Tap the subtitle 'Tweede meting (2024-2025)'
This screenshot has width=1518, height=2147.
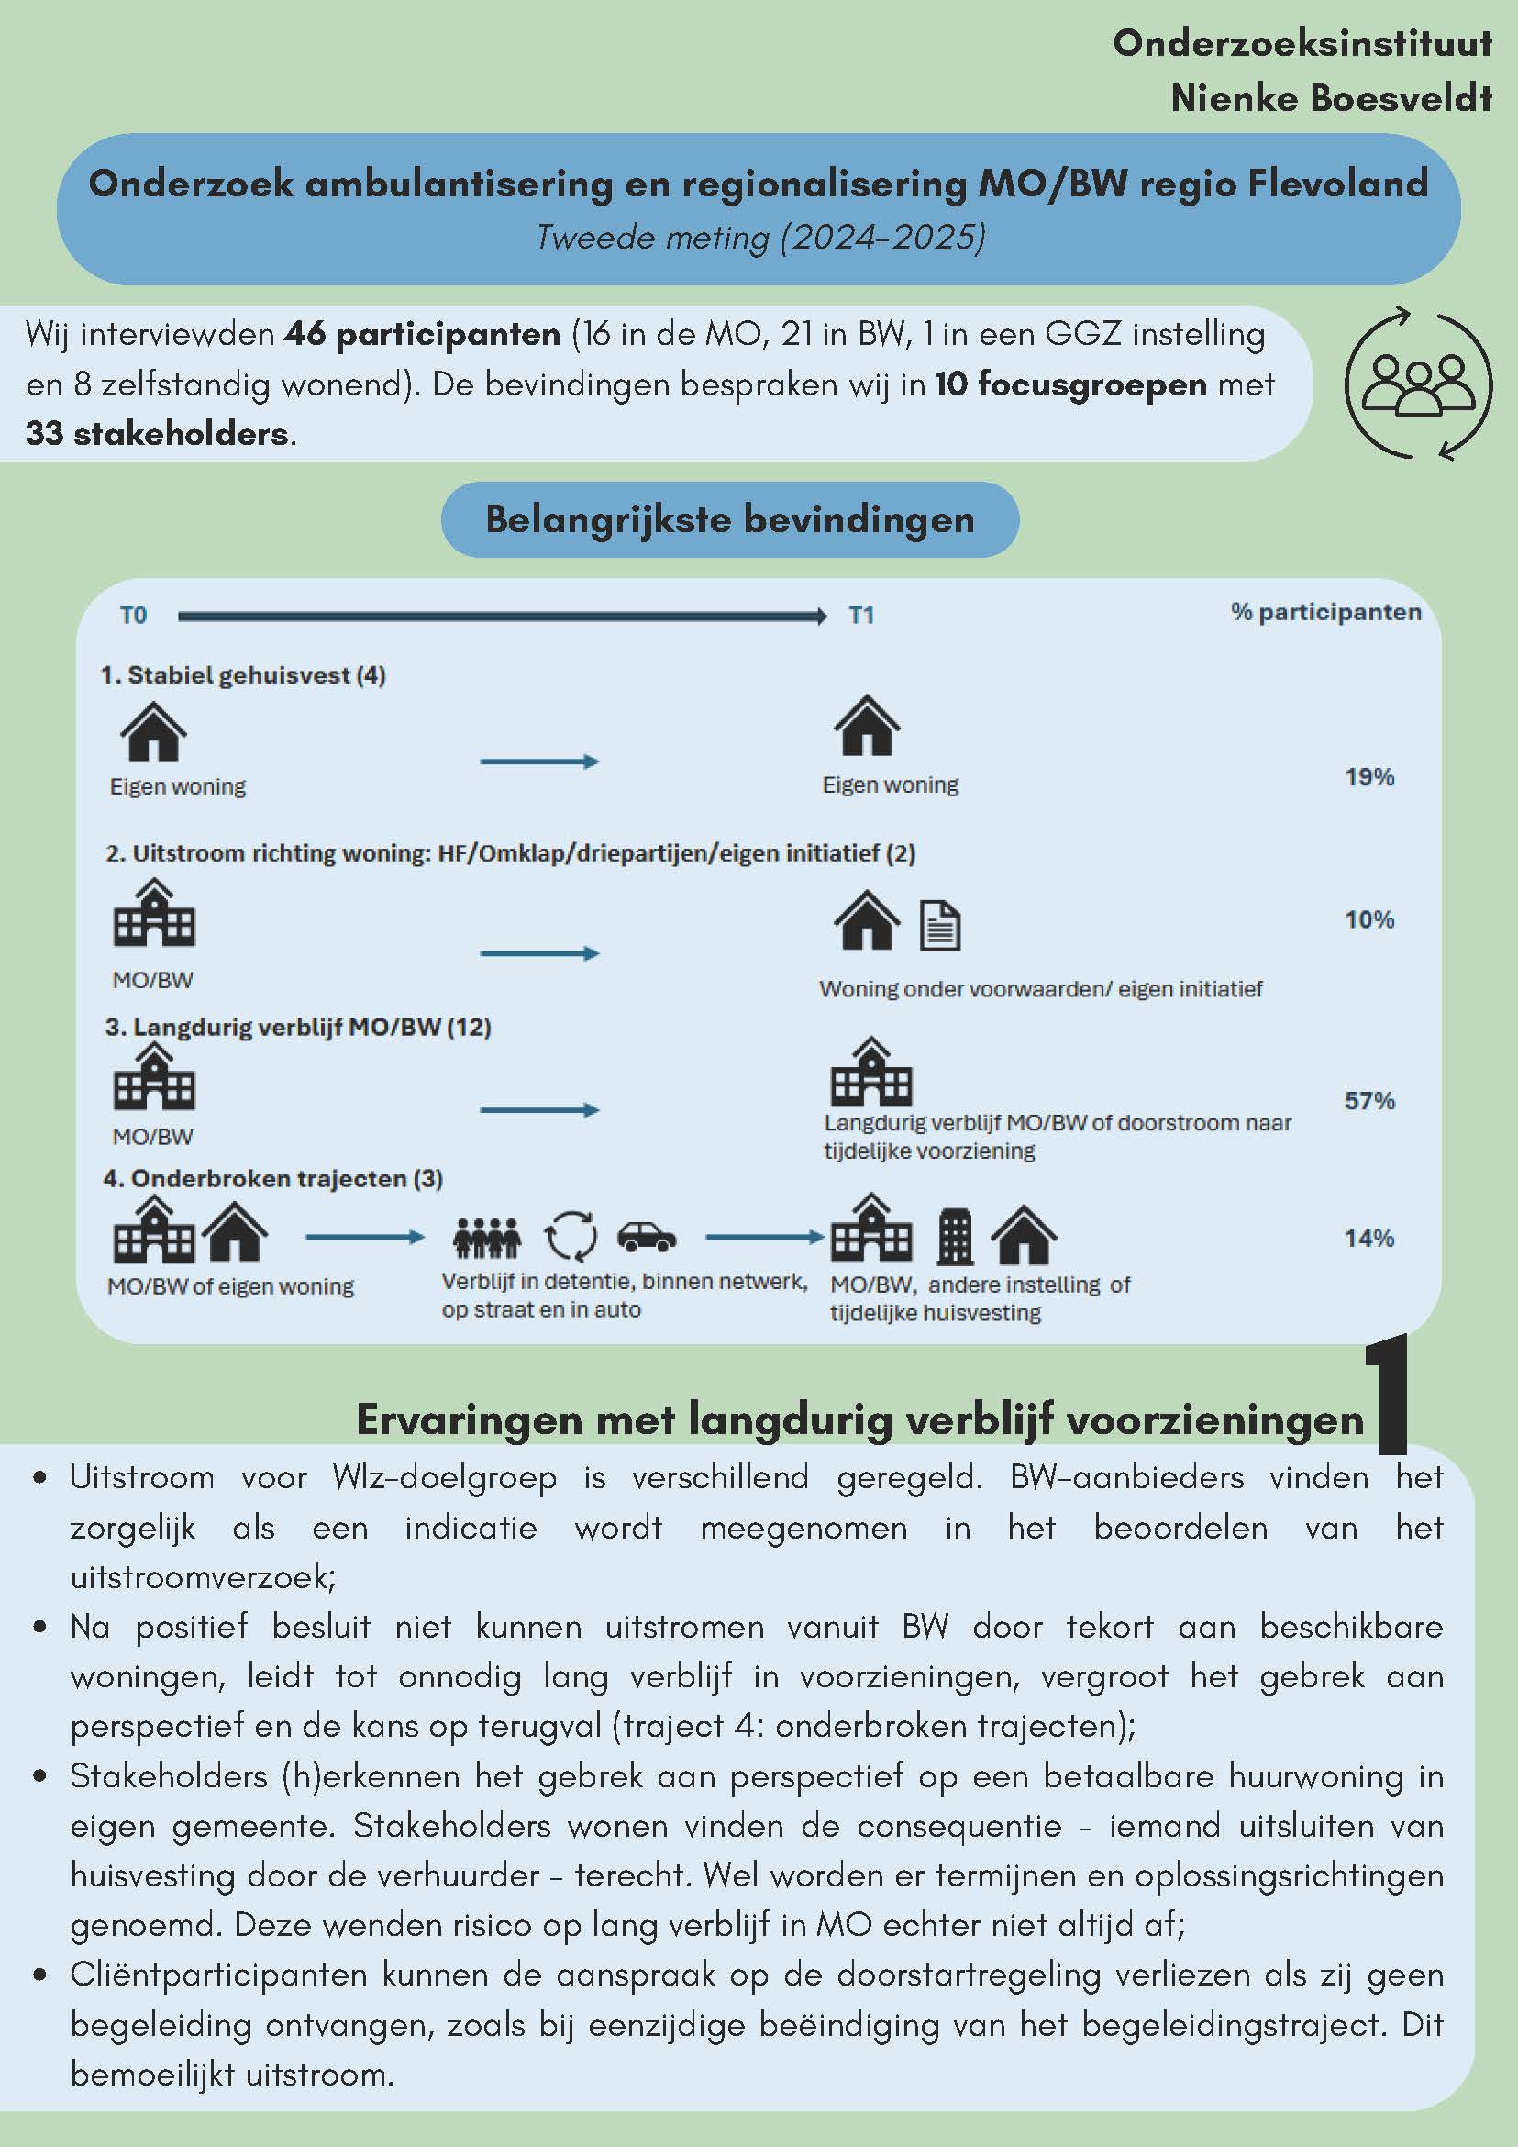[760, 237]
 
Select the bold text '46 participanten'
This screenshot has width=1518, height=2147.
[422, 334]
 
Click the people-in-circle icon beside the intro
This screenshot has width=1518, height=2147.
[1418, 383]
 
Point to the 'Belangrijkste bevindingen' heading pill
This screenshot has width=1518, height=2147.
[729, 519]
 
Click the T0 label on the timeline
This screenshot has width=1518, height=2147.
[133, 616]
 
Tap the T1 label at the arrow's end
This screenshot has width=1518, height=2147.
[861, 616]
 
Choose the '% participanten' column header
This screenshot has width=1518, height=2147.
[1325, 613]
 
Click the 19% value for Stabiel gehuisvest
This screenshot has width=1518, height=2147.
[1369, 777]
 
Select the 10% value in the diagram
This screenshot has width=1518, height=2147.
[1369, 920]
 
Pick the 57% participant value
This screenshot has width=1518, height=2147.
[1369, 1101]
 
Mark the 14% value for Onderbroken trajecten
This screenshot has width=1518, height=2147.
[1369, 1238]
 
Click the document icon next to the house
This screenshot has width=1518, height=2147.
[939, 926]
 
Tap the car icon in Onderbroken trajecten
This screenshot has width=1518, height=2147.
[647, 1235]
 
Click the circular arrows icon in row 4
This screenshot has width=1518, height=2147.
[571, 1236]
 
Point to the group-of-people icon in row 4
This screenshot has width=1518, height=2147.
[486, 1237]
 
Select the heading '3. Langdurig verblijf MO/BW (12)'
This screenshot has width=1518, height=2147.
[297, 1027]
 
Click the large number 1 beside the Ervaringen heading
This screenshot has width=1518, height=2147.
[1386, 1396]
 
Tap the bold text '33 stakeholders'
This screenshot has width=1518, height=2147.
[157, 434]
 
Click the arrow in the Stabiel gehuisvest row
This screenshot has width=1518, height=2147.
[539, 762]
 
